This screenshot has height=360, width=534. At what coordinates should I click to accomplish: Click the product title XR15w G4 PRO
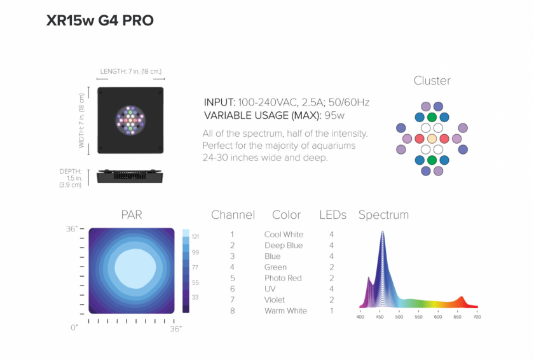100,20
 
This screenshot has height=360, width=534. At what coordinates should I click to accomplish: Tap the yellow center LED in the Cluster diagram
432,139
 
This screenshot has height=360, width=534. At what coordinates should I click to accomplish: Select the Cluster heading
432,81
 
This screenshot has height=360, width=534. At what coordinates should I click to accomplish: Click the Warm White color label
285,310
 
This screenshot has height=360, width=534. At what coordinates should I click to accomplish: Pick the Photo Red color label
283,278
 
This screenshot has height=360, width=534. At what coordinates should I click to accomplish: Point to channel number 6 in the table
232,289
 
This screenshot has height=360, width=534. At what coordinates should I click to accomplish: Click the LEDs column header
332,215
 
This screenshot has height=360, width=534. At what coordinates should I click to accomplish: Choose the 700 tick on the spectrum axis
477,317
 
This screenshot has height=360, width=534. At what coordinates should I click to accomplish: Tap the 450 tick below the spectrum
380,317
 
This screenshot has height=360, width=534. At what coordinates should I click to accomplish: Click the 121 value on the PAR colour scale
195,237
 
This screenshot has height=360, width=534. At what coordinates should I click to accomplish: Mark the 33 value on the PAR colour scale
195,297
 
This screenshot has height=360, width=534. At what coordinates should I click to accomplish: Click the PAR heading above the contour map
132,215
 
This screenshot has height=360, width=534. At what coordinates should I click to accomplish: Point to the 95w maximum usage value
334,116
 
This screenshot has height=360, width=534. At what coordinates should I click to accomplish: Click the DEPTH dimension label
71,171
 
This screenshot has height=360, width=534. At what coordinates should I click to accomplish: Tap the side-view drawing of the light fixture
130,176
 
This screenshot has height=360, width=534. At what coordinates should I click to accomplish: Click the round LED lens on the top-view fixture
130,120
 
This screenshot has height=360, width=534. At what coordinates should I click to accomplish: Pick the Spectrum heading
383,215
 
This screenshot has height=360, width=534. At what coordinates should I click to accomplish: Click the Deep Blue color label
284,246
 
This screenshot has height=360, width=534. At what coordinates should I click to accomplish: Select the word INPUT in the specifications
219,102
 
